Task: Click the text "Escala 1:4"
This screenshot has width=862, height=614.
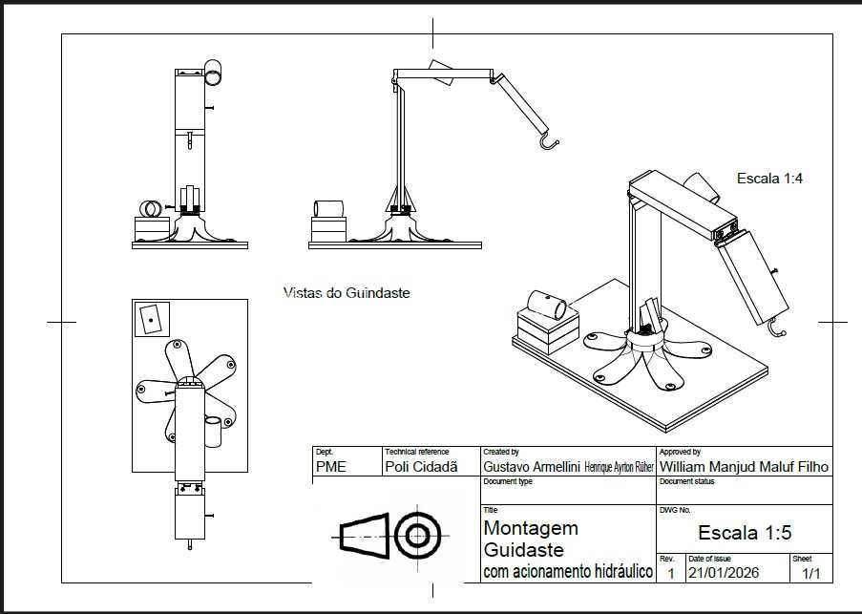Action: [769, 179]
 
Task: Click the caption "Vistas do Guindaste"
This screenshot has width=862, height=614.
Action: [347, 293]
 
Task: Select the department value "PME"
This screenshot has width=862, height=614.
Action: [331, 467]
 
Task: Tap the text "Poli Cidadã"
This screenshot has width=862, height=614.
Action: [421, 467]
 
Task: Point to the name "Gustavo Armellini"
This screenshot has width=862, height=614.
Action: [532, 467]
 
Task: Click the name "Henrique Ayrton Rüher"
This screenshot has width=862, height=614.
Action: [619, 467]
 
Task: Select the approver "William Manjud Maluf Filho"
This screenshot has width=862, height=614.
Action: [744, 467]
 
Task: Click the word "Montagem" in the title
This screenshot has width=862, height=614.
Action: [531, 529]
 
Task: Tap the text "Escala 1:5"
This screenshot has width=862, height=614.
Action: [745, 532]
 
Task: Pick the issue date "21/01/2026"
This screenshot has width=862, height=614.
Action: [724, 573]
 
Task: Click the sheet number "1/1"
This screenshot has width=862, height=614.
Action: [810, 573]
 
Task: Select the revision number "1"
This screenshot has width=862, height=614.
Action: [671, 573]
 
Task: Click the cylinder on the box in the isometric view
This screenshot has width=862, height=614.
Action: [546, 305]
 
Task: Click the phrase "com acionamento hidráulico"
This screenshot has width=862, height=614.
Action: [568, 572]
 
